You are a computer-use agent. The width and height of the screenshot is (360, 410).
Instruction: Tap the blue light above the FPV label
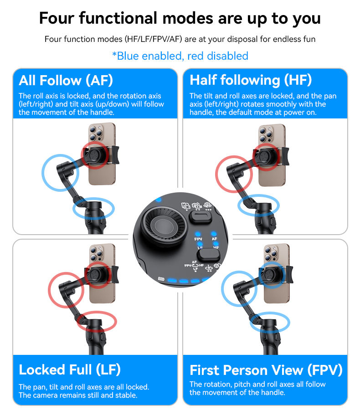pos(198,232)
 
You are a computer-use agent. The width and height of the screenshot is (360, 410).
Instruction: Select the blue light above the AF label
pos(214,232)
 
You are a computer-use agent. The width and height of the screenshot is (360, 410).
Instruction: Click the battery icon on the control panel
pos(160,279)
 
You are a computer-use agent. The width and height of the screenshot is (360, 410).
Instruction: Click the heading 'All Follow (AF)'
pos(66,81)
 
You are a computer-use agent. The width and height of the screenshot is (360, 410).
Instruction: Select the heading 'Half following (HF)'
pos(251,80)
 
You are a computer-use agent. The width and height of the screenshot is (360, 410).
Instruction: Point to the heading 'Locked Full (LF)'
pos(70,369)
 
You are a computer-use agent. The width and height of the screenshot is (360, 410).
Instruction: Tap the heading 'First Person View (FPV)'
pos(266,370)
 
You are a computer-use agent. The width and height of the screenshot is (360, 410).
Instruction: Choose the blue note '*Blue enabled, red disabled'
pos(180,56)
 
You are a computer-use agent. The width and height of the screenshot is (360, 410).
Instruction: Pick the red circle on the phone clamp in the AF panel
pos(95,155)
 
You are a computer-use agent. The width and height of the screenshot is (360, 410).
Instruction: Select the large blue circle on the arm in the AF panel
pos(60,173)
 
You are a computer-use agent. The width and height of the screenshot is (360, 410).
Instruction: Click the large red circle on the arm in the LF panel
pos(66,289)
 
